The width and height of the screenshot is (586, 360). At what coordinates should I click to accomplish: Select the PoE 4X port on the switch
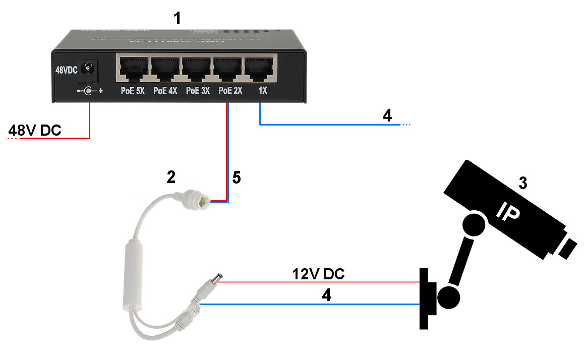[165, 69]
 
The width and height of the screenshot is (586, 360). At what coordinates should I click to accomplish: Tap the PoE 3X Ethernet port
[197, 69]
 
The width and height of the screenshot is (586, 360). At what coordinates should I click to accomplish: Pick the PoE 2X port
[228, 69]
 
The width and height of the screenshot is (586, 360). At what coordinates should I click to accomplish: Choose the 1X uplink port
[259, 69]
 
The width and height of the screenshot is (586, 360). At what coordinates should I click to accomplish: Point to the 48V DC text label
[35, 131]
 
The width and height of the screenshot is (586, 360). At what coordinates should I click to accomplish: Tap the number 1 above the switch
[176, 19]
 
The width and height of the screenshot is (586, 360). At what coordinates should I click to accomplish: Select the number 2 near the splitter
[171, 177]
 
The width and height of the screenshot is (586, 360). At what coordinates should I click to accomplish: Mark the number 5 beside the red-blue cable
[237, 177]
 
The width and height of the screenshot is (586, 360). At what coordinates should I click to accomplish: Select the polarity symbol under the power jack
[89, 92]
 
